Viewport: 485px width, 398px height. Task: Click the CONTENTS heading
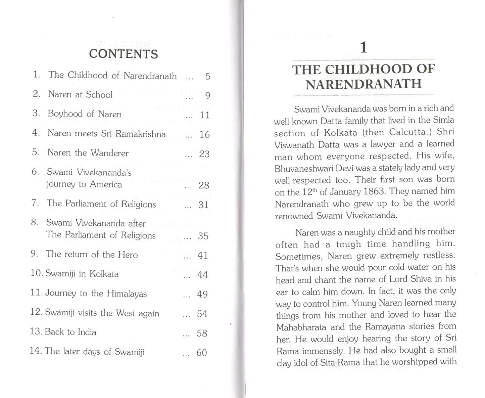[123, 54]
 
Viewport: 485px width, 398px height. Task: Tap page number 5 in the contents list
[208, 77]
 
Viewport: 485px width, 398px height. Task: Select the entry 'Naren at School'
[80, 94]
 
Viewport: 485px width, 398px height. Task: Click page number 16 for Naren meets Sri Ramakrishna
[204, 135]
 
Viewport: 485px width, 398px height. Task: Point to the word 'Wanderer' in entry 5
[109, 153]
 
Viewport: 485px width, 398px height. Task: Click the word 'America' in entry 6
[106, 184]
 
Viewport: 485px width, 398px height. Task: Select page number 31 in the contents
[203, 205]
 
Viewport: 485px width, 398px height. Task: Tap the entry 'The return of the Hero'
[92, 254]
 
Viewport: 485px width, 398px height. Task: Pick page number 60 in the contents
[201, 353]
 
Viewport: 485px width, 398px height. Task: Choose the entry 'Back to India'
[70, 332]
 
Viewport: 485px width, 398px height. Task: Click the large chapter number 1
[363, 47]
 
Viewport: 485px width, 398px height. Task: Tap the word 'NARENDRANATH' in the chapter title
[363, 84]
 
